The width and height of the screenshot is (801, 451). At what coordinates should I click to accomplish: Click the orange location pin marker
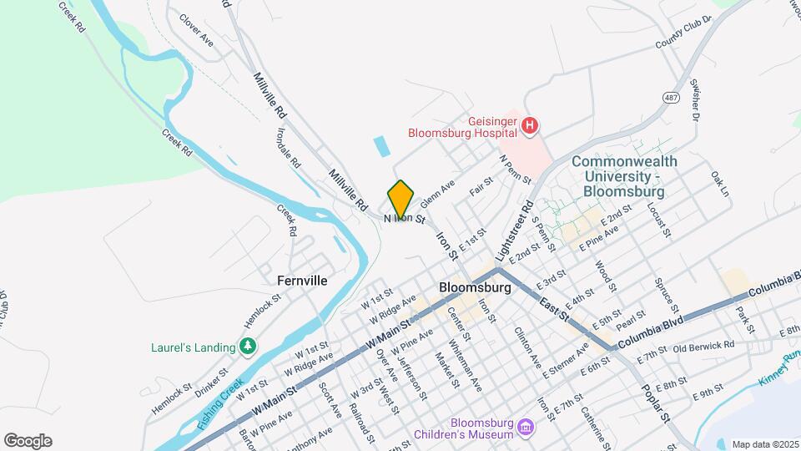click(x=400, y=199)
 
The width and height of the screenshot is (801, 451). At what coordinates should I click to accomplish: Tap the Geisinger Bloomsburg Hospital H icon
click(x=529, y=127)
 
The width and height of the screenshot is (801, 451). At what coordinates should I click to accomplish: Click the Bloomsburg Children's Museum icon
click(x=526, y=428)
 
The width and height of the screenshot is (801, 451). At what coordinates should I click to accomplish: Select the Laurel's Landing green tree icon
click(x=247, y=346)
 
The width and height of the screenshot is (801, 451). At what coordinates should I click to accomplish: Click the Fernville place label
click(x=303, y=281)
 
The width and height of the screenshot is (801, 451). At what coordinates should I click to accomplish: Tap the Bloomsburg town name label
click(x=475, y=286)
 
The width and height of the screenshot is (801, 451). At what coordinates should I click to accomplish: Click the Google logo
click(x=28, y=441)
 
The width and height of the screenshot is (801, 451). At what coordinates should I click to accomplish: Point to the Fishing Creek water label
click(x=219, y=404)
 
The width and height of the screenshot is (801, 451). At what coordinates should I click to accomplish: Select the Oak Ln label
click(x=720, y=185)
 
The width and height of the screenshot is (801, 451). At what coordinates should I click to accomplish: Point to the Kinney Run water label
click(x=780, y=368)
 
